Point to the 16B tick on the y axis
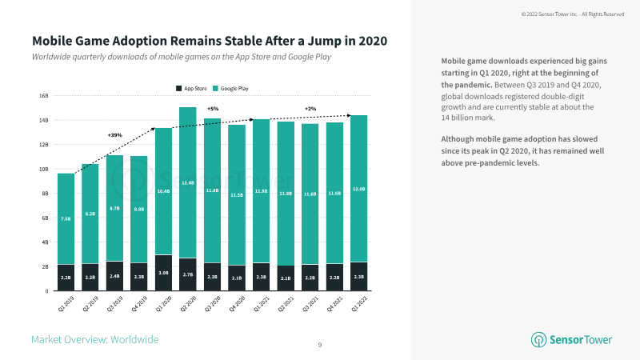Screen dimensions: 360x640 (45, 95)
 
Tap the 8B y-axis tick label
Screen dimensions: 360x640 (46, 193)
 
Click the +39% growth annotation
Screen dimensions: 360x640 (115, 134)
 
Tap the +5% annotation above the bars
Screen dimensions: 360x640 (213, 109)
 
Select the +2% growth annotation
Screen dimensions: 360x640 (310, 109)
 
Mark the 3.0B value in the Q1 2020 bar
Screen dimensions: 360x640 (163, 272)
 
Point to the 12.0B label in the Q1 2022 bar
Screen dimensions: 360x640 (359, 189)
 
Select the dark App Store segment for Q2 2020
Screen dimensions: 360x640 (187, 274)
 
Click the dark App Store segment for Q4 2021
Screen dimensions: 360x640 (334, 277)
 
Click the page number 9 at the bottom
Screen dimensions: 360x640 (320, 345)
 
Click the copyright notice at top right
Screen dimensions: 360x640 (573, 14)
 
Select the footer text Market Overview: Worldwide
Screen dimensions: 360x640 (94, 340)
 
